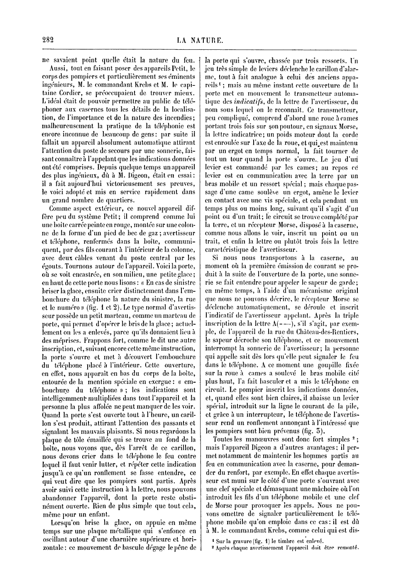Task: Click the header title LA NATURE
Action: pyautogui.click(x=200, y=41)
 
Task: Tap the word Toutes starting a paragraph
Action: pyautogui.click(x=224, y=439)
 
